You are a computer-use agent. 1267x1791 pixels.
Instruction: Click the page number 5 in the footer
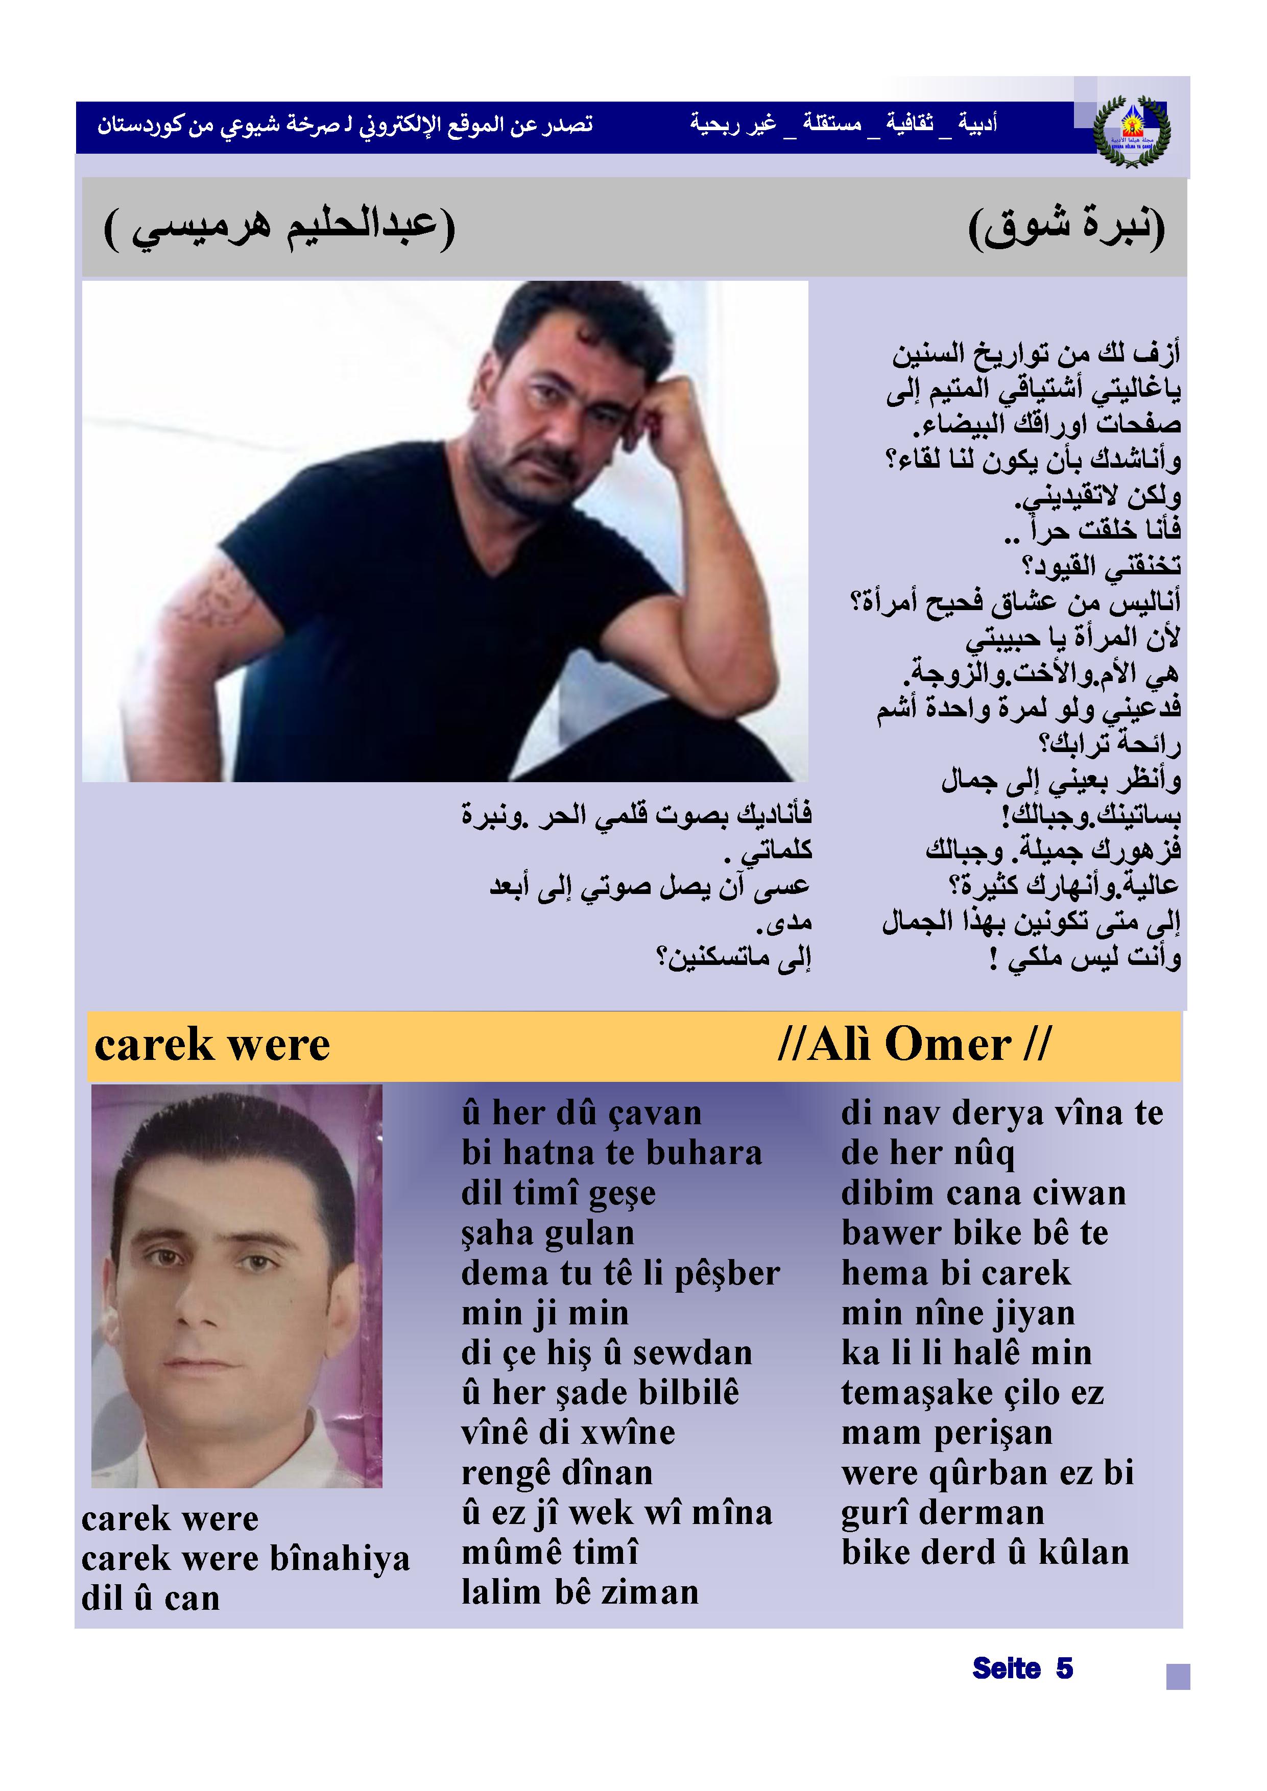[1064, 1668]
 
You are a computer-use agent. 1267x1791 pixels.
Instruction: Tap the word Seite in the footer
[1007, 1668]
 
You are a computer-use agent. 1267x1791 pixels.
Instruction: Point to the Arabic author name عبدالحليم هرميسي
[280, 227]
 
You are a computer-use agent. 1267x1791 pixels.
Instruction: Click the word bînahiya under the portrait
[340, 1559]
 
